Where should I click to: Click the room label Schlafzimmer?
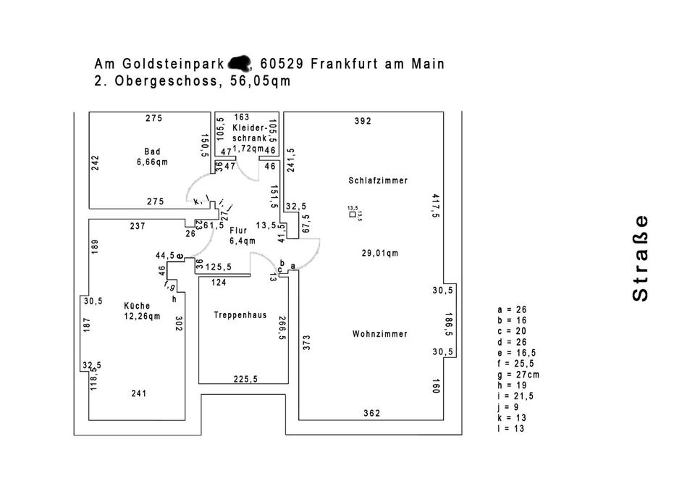click(x=377, y=180)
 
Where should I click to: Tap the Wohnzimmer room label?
click(x=379, y=334)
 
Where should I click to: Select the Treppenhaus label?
click(x=240, y=315)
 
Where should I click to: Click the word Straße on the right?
click(x=640, y=258)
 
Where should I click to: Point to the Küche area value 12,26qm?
click(x=142, y=315)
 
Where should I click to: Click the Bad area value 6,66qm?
click(x=152, y=162)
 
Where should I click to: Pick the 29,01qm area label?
click(x=380, y=253)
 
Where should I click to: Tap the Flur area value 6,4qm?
click(x=243, y=241)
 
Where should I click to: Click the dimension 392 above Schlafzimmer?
click(x=363, y=121)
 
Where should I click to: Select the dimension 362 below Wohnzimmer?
click(x=371, y=413)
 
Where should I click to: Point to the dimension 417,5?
click(x=436, y=205)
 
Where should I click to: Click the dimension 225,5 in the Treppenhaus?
click(x=245, y=378)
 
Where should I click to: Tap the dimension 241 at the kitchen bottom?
click(x=139, y=393)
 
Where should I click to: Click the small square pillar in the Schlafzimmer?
click(x=353, y=214)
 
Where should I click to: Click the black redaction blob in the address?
click(x=239, y=64)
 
